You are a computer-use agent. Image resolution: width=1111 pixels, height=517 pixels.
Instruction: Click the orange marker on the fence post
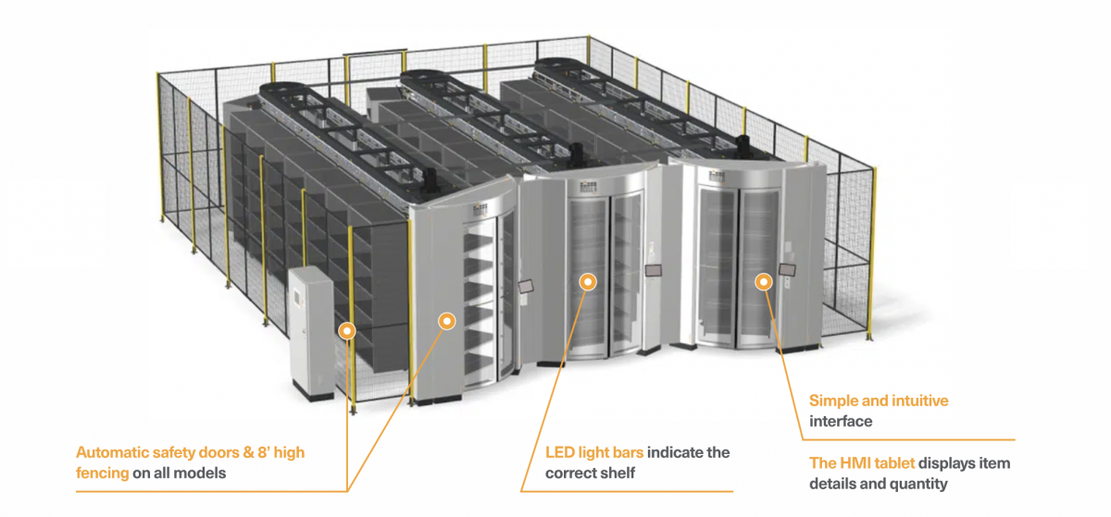pyautogui.click(x=347, y=328)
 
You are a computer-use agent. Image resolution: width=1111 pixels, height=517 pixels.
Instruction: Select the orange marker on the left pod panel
pyautogui.click(x=447, y=321)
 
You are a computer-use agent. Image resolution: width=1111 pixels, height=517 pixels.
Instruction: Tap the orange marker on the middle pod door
pyautogui.click(x=586, y=281)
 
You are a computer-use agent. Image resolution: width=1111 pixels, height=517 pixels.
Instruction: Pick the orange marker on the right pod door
pyautogui.click(x=763, y=281)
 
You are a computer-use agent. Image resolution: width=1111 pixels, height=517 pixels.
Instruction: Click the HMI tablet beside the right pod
pyautogui.click(x=789, y=269)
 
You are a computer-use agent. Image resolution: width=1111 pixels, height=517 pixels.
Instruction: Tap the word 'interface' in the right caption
pyautogui.click(x=841, y=422)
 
